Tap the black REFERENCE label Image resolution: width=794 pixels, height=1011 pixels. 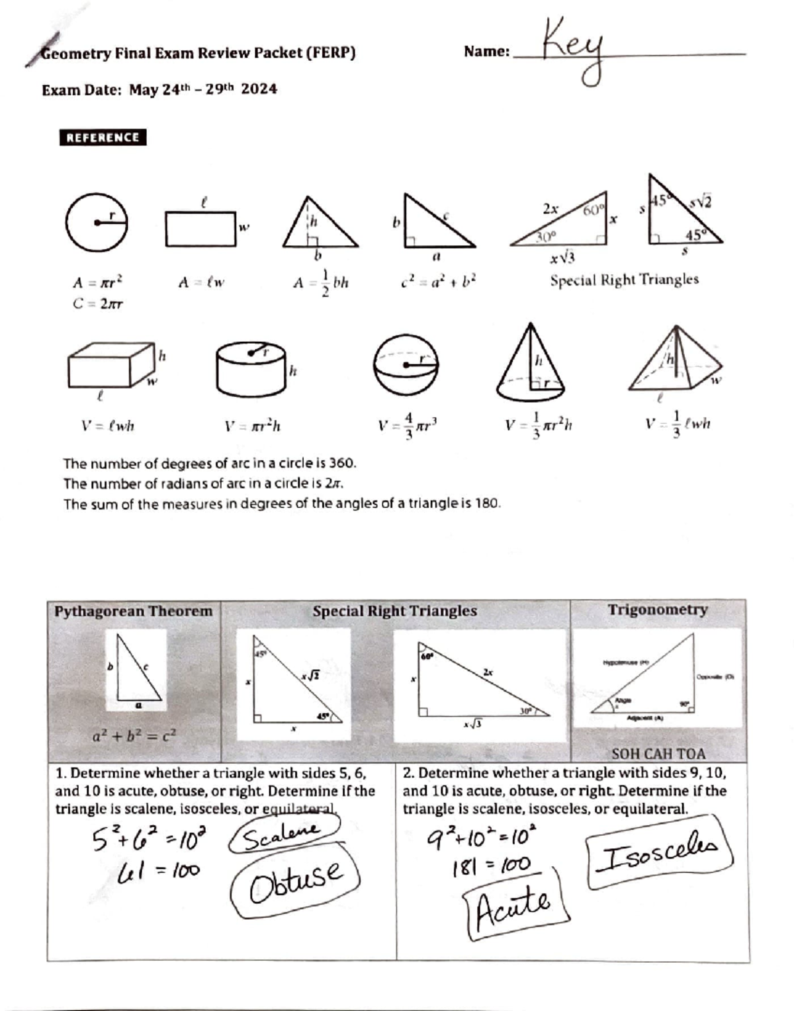tap(103, 138)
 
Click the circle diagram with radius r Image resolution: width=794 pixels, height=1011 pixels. tap(97, 223)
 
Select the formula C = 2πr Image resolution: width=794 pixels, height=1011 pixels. tap(98, 304)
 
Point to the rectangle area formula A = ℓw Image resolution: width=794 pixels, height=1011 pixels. tap(201, 283)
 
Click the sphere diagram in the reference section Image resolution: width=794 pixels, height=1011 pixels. tap(406, 364)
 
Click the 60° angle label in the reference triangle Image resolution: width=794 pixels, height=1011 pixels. tap(593, 210)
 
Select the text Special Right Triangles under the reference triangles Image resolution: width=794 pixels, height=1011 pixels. tap(624, 280)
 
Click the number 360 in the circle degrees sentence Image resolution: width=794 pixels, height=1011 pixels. tap(342, 463)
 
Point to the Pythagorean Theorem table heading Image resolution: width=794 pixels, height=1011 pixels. tap(133, 611)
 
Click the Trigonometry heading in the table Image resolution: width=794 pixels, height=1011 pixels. tap(658, 610)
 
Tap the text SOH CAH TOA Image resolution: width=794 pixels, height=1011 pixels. tap(658, 754)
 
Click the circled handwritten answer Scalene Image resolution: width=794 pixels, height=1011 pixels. tap(283, 836)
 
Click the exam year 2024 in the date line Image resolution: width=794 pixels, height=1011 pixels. tap(259, 89)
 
